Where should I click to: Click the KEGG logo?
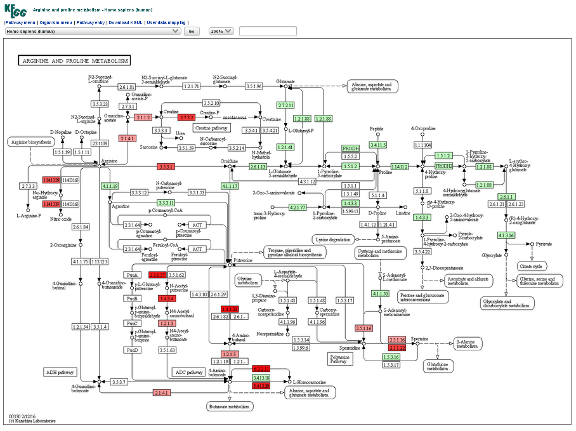[15, 11]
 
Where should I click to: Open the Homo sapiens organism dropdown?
[93, 31]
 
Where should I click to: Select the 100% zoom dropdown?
[221, 31]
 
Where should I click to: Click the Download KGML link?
[126, 22]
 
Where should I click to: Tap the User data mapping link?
[166, 22]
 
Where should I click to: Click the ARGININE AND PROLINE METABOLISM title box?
[74, 61]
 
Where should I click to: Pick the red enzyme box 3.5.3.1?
[166, 166]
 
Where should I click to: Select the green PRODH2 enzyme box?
[444, 166]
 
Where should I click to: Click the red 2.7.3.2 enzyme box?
[186, 117]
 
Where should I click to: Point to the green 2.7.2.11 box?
[286, 105]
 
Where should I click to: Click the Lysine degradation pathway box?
[333, 239]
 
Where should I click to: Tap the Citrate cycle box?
[532, 266]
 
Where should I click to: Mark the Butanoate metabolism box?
[230, 406]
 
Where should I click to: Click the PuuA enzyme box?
[132, 275]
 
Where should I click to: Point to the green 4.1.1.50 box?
[380, 293]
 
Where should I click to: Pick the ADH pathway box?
[60, 372]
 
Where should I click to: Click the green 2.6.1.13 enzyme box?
[258, 166]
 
